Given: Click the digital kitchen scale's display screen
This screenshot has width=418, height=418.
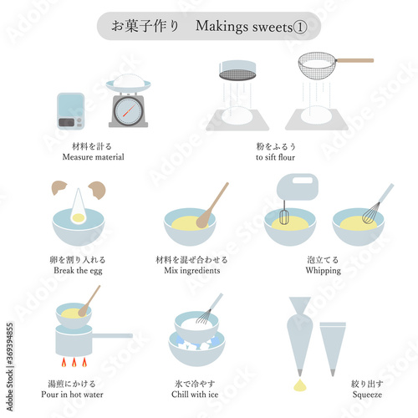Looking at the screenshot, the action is click(66, 122).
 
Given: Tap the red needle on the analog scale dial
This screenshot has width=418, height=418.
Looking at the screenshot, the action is click(129, 111).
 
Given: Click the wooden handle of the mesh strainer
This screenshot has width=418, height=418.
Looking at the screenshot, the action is click(354, 60).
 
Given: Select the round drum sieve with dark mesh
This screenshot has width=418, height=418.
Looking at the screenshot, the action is click(237, 70).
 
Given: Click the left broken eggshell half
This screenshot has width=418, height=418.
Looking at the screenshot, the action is click(59, 187).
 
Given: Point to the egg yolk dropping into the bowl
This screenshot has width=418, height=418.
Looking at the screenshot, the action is click(78, 217).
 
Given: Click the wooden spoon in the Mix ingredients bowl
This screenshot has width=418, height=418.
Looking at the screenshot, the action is click(212, 206).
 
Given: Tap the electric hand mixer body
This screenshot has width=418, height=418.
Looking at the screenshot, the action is click(297, 186).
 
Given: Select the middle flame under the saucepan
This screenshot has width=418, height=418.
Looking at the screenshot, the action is click(74, 362).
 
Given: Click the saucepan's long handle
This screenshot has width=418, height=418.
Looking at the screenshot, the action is click(112, 335).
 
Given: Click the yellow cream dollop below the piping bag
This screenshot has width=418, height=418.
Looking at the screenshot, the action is click(300, 385).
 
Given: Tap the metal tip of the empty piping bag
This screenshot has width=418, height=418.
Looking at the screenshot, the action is click(333, 373).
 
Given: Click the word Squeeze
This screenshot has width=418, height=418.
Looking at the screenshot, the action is click(367, 395).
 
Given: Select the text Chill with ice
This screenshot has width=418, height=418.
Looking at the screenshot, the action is click(195, 394).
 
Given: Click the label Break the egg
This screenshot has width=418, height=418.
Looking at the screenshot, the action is click(78, 271).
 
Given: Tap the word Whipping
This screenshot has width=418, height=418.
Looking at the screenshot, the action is click(324, 271).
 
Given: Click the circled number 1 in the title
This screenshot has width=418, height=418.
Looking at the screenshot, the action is click(300, 27).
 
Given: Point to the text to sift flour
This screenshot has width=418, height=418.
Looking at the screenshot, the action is click(275, 157).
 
